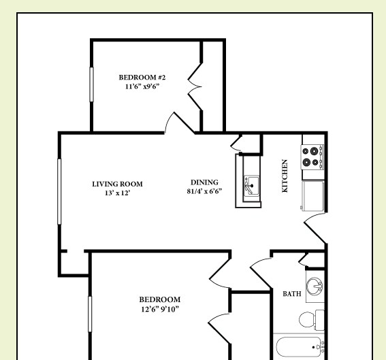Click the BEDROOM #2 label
pos(142,77)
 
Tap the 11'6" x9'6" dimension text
pos(142,86)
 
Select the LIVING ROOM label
pos(117,184)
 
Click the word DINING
pos(204,182)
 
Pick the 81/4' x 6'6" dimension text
pos(204,192)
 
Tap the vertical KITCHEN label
pos(285,176)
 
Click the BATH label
pos(291,294)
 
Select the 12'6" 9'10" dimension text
pos(159,309)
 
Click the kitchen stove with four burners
pos(313,157)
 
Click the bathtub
pos(299,348)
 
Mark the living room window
pos(60,191)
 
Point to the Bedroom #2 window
pos(91,84)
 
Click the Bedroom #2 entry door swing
pos(175,123)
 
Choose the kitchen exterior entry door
pos(315,228)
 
